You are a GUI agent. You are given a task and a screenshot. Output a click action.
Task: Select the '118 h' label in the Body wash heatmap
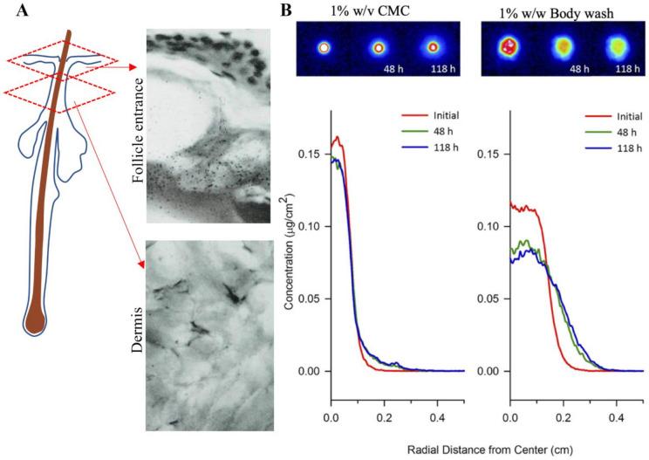tap(625, 65)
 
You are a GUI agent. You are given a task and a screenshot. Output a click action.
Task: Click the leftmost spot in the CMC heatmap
tap(325, 47)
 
